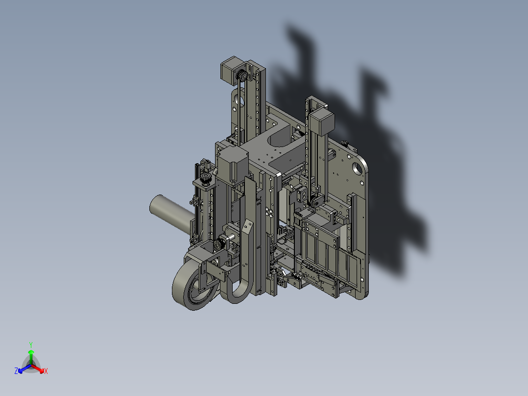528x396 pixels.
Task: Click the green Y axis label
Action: pyautogui.click(x=30, y=344)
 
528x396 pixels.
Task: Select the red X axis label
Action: pyautogui.click(x=46, y=371)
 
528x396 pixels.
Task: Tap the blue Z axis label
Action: pyautogui.click(x=16, y=371)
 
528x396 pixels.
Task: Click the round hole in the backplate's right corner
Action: pyautogui.click(x=356, y=168)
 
